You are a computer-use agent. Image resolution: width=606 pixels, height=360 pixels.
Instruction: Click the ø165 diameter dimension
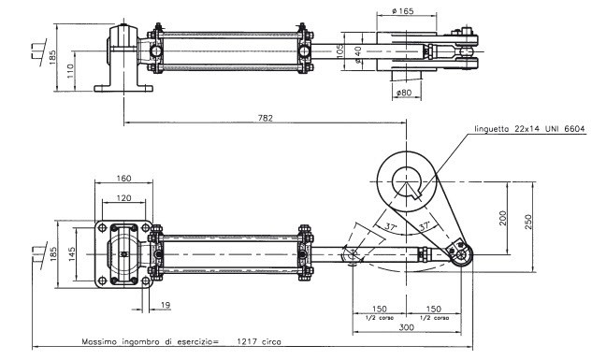[402, 11]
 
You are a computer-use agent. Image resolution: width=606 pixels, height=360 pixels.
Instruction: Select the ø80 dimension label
[404, 93]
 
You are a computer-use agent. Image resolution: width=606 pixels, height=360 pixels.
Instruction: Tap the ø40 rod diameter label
[358, 54]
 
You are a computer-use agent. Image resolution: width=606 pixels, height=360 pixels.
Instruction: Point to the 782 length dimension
[266, 118]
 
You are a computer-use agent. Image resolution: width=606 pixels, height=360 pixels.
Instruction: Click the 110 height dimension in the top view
[70, 71]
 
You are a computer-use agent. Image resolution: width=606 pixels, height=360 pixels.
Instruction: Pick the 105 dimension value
[339, 51]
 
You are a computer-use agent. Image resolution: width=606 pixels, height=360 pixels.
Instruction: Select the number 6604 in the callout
[575, 129]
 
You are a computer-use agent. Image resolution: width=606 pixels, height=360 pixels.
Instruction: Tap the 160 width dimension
[123, 178]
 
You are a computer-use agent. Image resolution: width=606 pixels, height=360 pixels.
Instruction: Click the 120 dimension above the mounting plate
[123, 198]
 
